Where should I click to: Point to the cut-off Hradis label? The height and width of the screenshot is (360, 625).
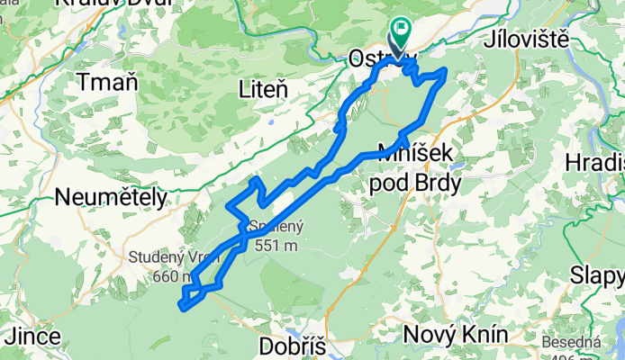pos(596,163)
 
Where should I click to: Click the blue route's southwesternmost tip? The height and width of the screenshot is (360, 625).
pos(183,307)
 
